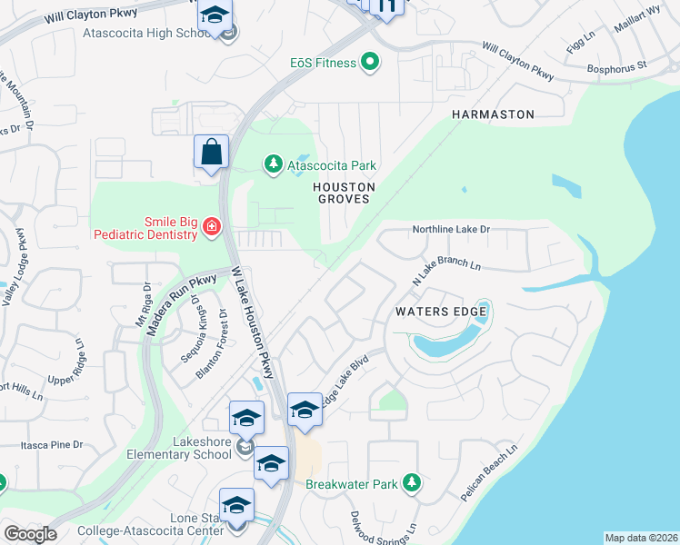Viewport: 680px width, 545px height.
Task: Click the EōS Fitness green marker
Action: [x=369, y=62]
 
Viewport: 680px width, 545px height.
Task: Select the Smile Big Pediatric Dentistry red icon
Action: [x=212, y=226]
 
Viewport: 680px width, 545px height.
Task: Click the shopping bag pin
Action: [x=211, y=152]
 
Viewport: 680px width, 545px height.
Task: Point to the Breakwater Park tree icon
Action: [x=412, y=483]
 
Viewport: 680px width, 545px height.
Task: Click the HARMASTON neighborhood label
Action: [x=493, y=114]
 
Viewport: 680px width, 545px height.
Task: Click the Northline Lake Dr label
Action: [x=451, y=230]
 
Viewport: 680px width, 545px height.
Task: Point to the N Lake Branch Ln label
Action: [x=446, y=270]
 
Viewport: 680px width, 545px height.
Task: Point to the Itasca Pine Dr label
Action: [x=52, y=445]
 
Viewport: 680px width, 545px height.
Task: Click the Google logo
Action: [x=30, y=534]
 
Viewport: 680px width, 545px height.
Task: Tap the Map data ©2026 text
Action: [x=641, y=538]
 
